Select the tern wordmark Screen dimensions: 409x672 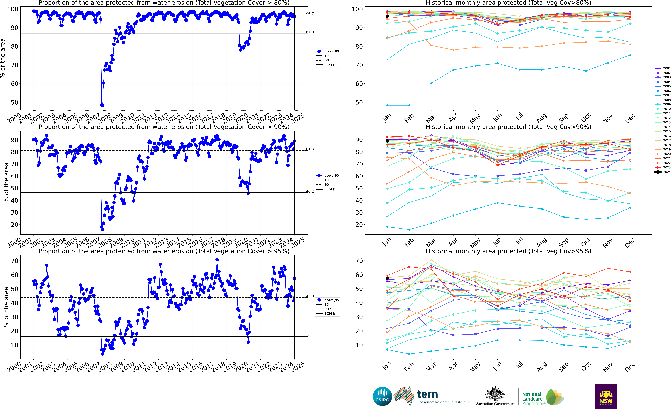pos(427,394)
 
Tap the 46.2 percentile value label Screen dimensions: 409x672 pos(310,191)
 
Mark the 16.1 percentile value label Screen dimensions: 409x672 pos(310,335)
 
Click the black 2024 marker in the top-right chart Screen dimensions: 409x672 pos(387,16)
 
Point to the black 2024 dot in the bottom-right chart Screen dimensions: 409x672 pos(387,278)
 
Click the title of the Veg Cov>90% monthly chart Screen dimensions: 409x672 pos(508,127)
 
